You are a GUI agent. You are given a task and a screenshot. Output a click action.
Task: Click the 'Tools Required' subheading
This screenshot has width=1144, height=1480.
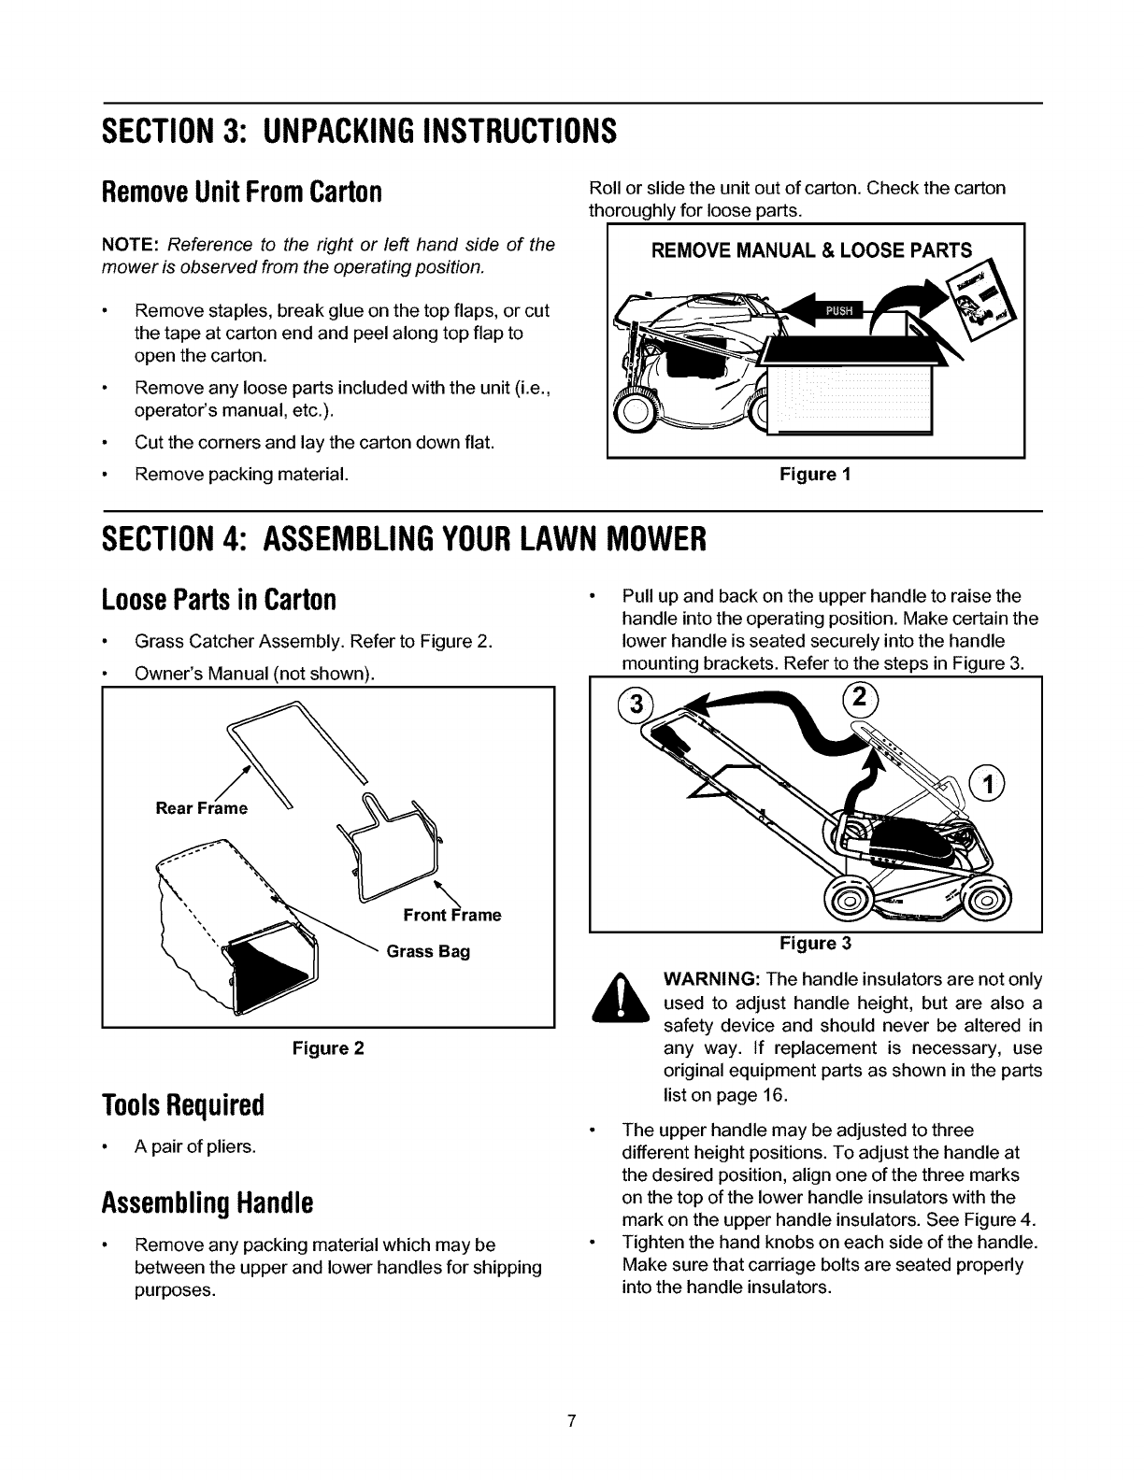click(184, 1105)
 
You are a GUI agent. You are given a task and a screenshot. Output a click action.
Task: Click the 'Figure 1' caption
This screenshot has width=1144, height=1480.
click(815, 474)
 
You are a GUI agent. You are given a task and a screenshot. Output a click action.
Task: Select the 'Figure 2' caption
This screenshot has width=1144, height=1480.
click(327, 1048)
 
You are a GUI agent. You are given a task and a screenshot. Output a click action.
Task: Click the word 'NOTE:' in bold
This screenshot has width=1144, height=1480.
click(129, 245)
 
